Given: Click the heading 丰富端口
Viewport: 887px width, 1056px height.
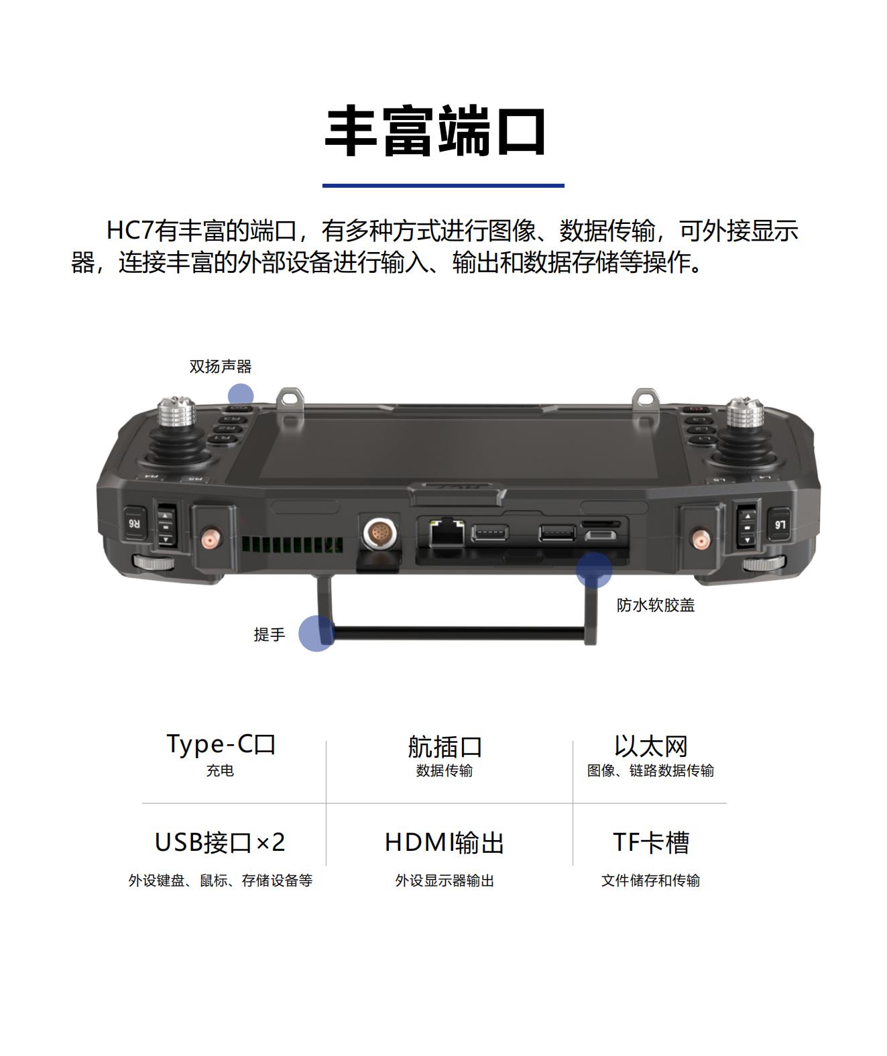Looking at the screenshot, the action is tap(435, 131).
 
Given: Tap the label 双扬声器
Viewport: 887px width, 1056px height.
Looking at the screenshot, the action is tap(221, 367).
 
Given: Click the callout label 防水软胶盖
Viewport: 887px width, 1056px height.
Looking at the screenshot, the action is tap(656, 605).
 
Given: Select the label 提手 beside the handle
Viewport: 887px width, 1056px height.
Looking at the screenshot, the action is tap(270, 634).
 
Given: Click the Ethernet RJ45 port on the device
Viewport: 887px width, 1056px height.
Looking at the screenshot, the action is tap(447, 532).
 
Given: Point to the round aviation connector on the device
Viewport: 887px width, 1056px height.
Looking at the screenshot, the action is tap(380, 533).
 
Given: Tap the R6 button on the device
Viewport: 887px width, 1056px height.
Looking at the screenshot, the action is tap(134, 524).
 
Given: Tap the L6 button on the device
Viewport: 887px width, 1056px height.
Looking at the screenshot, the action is tap(779, 524).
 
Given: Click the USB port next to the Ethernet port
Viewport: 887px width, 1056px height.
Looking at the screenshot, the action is tap(489, 533).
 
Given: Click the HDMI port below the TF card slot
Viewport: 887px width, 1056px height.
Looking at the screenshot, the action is tap(600, 536).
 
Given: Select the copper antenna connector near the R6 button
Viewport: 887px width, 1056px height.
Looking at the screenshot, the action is tap(211, 538).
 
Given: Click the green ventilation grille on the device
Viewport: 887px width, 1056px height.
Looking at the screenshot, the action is tap(292, 544).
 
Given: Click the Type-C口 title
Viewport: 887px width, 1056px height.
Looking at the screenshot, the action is tap(221, 744).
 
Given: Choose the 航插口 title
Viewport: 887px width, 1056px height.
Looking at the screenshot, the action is tap(445, 746).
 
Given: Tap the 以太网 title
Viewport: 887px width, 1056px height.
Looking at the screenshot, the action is tap(651, 746).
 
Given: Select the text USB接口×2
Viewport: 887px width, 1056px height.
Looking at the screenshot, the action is tap(220, 843).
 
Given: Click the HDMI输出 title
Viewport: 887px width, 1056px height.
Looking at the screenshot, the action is tap(444, 843).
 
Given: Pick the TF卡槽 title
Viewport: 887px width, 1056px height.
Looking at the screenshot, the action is tap(651, 843).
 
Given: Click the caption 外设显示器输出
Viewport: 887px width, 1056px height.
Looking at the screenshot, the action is tap(445, 880).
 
